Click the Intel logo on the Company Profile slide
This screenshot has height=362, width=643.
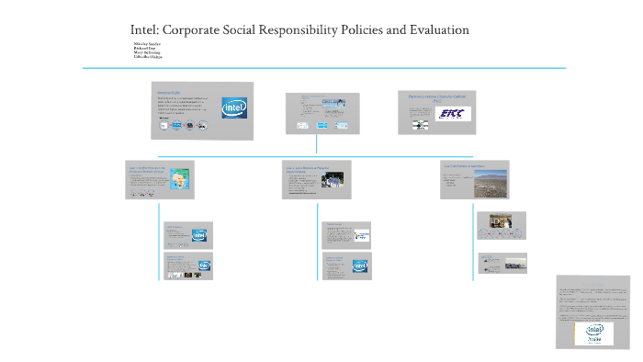[234, 111]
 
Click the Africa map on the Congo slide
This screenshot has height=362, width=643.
[182, 176]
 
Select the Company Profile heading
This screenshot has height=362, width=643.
[171, 91]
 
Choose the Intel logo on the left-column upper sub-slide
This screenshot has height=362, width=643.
[199, 235]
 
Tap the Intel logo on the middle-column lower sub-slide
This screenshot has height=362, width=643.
[360, 266]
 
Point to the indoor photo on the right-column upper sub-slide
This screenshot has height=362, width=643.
[501, 221]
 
